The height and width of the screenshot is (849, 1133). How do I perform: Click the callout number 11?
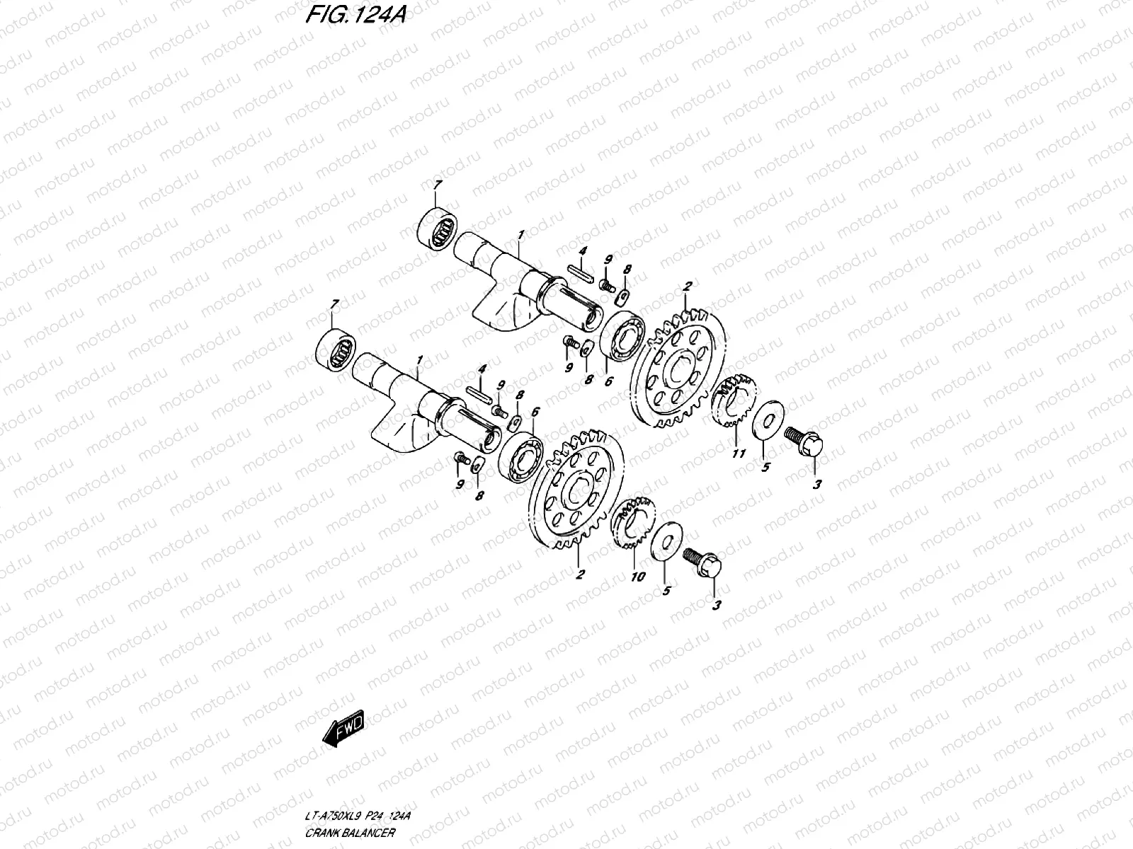738,454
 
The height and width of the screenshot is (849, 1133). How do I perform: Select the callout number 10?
637,577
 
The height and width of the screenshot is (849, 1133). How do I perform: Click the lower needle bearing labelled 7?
336,348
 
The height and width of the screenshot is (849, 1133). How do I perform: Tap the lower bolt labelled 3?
703,562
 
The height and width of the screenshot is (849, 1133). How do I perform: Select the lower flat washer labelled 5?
666,541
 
